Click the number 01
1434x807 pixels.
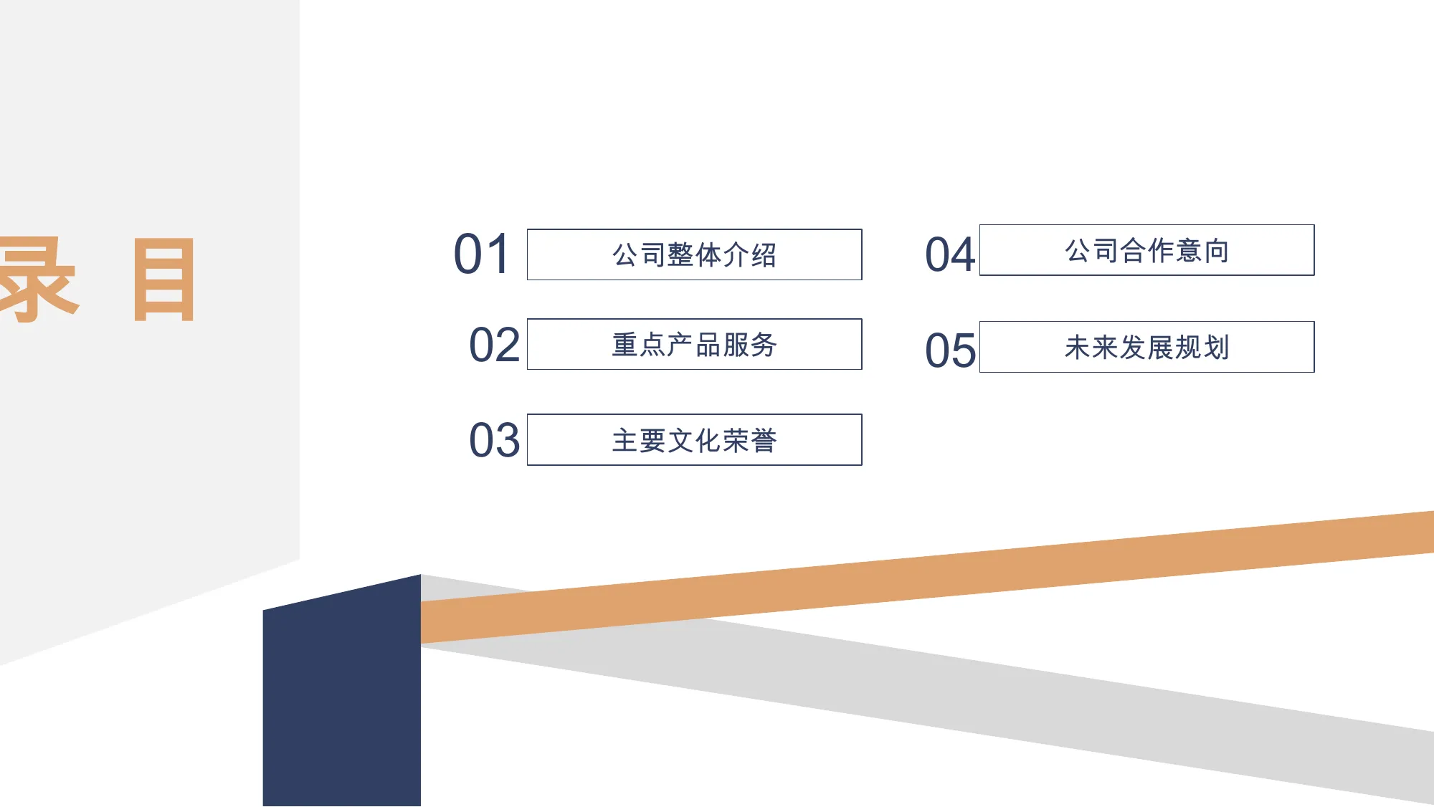[482, 254]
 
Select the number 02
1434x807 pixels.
[494, 345]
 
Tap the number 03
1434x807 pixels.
[494, 439]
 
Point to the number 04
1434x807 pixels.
[950, 254]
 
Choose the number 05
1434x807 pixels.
[950, 350]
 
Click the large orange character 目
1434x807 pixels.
[164, 280]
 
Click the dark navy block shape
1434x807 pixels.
[342, 692]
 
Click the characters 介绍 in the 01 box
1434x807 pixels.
[750, 254]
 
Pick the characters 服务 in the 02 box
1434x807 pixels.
[750, 345]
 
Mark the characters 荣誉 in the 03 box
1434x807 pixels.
[750, 440]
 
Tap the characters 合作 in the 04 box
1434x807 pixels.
[1146, 251]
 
